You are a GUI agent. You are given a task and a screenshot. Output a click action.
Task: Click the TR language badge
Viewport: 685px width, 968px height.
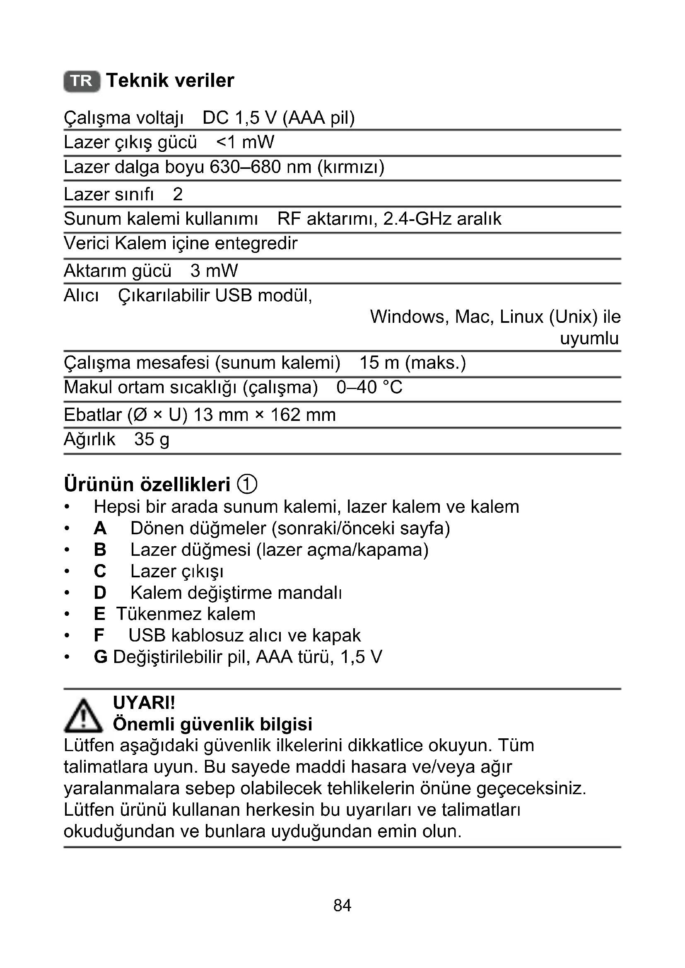tap(82, 81)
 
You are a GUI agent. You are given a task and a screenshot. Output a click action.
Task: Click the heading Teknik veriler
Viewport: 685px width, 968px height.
tap(170, 81)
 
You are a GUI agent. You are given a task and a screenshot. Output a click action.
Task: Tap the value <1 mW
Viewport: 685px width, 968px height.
tap(245, 142)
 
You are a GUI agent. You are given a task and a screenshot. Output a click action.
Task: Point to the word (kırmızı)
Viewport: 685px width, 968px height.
tap(350, 167)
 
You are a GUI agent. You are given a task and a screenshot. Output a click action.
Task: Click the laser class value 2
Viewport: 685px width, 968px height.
tap(178, 195)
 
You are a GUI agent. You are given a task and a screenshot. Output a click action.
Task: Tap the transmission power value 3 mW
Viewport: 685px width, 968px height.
tap(214, 271)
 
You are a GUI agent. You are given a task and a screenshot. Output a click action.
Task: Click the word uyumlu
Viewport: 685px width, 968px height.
tap(589, 338)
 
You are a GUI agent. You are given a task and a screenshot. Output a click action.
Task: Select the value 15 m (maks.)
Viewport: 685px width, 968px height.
tap(412, 363)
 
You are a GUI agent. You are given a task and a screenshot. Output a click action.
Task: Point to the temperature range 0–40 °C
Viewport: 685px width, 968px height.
tap(369, 387)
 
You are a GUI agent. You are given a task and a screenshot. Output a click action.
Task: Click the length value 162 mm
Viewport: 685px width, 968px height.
tap(303, 415)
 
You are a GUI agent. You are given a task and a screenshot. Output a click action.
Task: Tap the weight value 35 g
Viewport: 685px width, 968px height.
tap(152, 440)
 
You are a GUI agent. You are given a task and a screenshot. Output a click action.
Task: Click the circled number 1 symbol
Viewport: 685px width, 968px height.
tap(247, 484)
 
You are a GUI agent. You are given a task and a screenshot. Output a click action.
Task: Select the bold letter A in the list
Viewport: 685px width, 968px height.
tap(100, 528)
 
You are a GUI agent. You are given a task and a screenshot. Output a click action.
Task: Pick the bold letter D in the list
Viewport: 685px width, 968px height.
tap(100, 593)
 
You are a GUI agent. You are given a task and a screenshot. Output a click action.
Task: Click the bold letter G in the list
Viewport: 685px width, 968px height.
tap(100, 657)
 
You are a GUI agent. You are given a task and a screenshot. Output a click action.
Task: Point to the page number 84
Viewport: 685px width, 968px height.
tap(342, 905)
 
